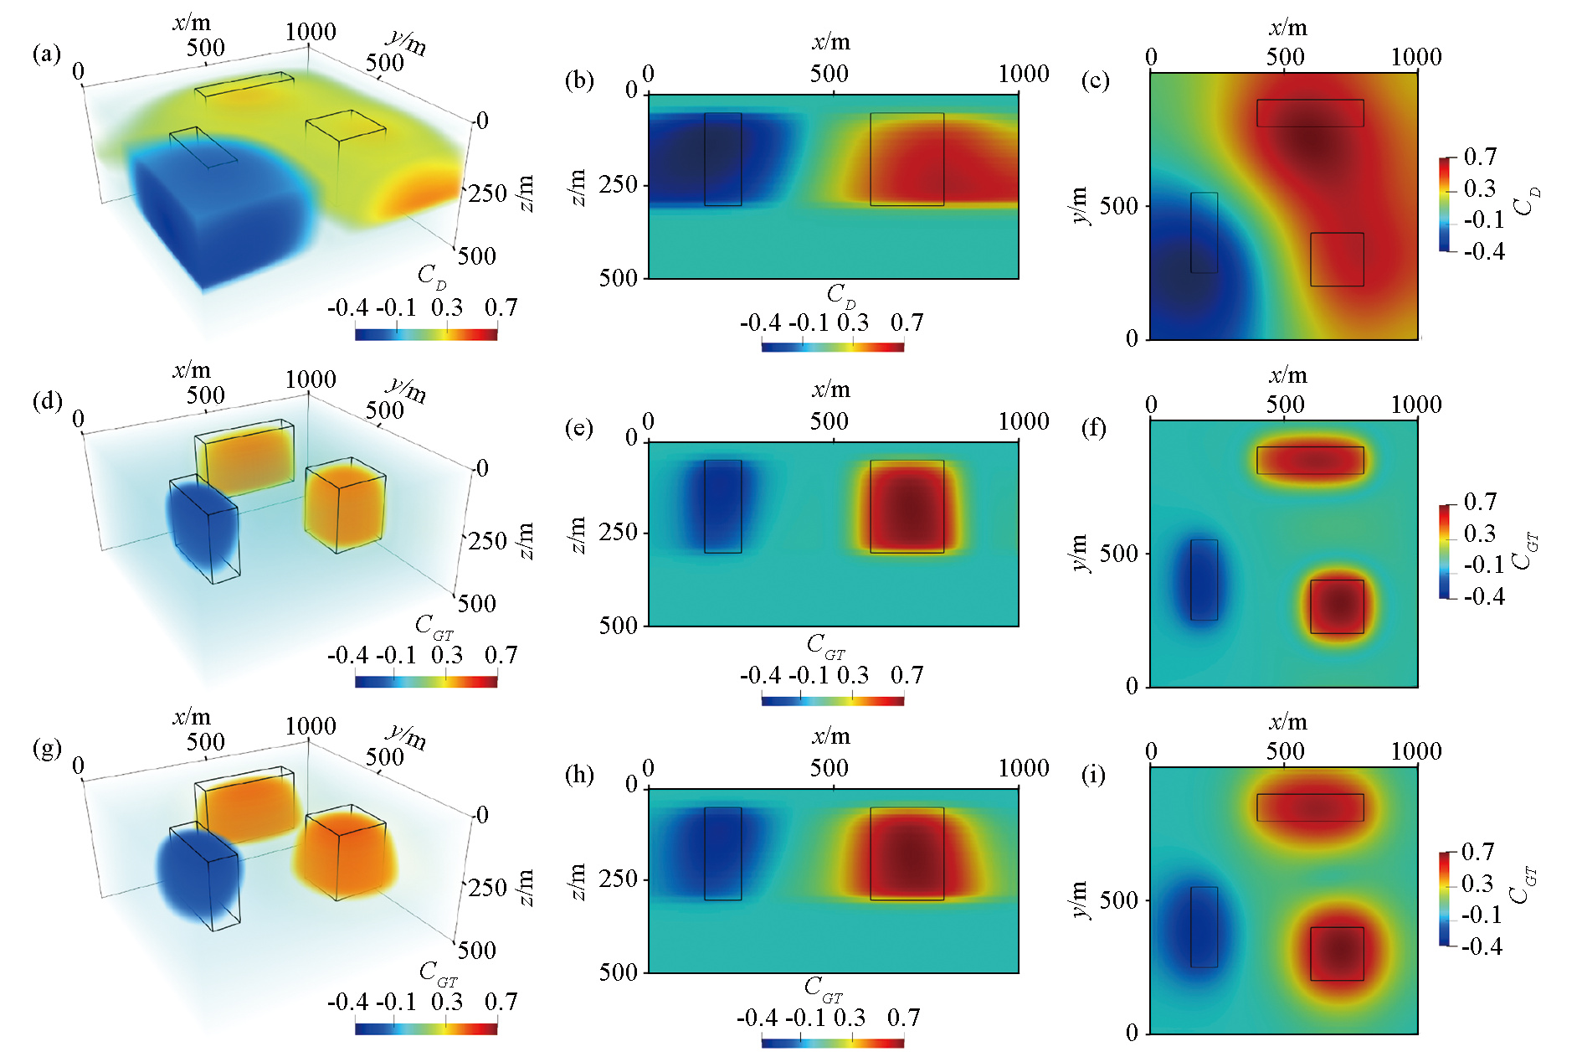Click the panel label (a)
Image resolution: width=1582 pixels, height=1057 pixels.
(x=46, y=55)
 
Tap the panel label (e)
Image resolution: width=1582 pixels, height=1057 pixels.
(x=578, y=429)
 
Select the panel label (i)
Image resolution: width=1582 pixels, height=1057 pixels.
(x=1094, y=776)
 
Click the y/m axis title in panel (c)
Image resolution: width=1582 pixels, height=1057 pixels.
(x=1081, y=205)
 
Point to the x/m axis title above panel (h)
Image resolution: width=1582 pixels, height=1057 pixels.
(x=830, y=737)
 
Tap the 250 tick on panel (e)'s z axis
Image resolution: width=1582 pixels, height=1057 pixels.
(x=619, y=532)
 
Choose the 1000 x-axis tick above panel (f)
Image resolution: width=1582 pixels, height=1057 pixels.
(x=1415, y=405)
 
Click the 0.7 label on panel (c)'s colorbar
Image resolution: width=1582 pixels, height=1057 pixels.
(x=1480, y=157)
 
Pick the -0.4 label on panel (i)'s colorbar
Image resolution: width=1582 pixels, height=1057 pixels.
(x=1482, y=947)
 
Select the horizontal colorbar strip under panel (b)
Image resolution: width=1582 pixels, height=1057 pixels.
(x=832, y=346)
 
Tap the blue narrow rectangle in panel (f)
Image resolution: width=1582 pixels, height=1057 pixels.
(x=1204, y=580)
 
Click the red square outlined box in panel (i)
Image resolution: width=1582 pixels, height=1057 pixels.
(x=1337, y=953)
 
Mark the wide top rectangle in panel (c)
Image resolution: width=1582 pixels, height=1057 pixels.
(x=1309, y=113)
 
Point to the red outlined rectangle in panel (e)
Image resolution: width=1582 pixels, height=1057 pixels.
(x=907, y=506)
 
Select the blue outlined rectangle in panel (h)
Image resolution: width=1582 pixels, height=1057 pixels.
(x=722, y=853)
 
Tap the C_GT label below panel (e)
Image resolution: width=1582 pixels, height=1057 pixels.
(x=826, y=645)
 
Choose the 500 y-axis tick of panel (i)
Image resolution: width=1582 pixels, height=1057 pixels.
(x=1117, y=901)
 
